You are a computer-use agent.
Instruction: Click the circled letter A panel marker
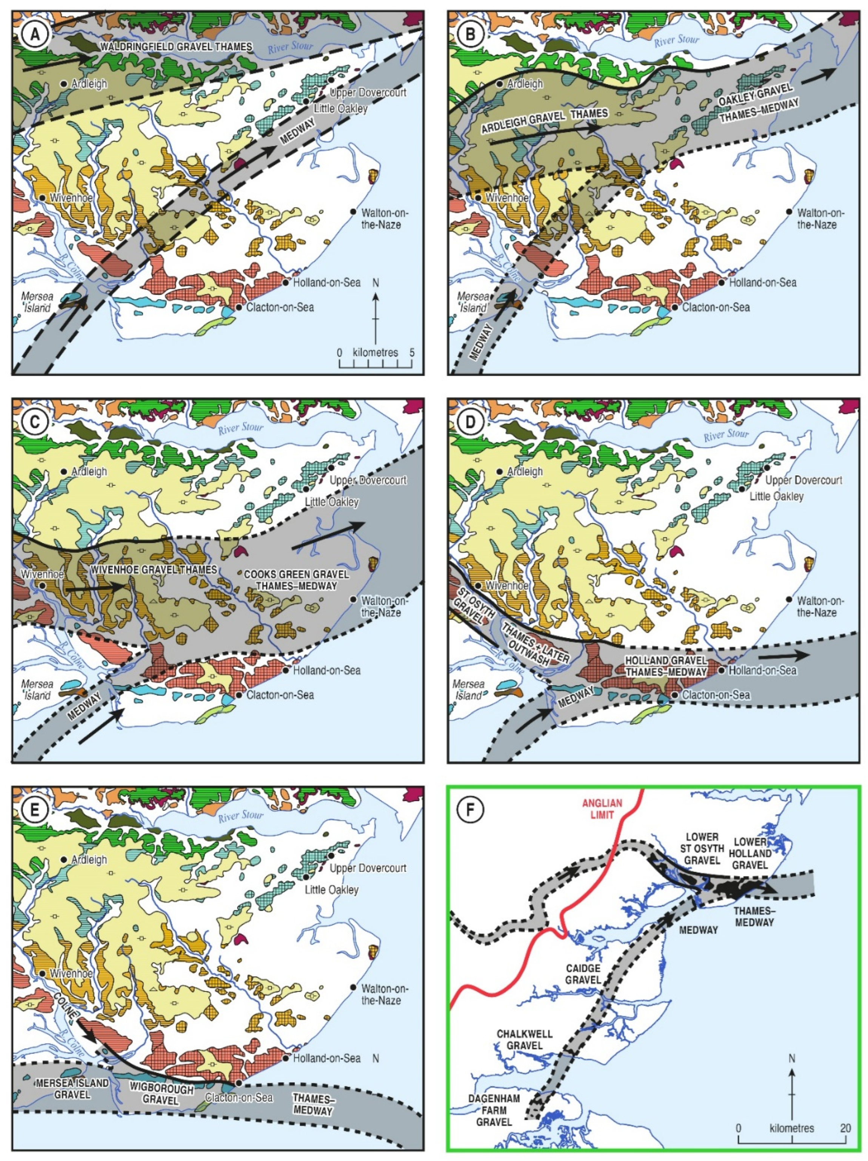35,35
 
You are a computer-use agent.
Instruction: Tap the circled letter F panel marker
470,810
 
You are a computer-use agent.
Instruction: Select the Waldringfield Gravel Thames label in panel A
176,47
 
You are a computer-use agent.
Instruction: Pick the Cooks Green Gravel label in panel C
296,574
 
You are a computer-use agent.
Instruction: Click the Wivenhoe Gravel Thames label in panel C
153,570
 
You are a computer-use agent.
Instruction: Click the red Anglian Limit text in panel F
602,809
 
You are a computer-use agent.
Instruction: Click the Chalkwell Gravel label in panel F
524,1039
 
